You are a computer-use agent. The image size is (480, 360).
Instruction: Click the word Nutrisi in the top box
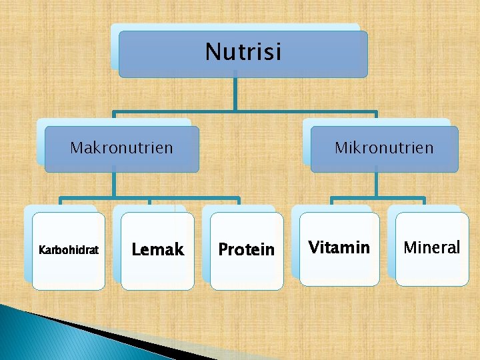pyautogui.click(x=243, y=51)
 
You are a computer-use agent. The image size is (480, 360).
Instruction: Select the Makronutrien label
pyautogui.click(x=121, y=147)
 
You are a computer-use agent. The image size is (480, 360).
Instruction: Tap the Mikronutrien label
pyautogui.click(x=384, y=147)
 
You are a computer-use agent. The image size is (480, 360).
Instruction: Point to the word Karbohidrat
pyautogui.click(x=69, y=251)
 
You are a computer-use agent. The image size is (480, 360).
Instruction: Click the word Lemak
pyautogui.click(x=158, y=250)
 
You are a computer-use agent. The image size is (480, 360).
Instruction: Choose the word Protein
pyautogui.click(x=247, y=250)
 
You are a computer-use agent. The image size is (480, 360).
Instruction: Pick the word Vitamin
pyautogui.click(x=339, y=248)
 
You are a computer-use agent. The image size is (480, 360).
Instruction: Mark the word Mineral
pyautogui.click(x=432, y=248)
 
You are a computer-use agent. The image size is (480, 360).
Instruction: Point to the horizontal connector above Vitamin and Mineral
pyautogui.click(x=377, y=198)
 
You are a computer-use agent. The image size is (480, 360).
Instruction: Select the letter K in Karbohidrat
pyautogui.click(x=42, y=251)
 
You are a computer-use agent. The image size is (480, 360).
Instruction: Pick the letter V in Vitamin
pyautogui.click(x=313, y=248)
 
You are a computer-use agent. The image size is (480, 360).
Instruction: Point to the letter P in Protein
pyautogui.click(x=223, y=250)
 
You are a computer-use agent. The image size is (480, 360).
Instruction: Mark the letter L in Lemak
pyautogui.click(x=136, y=250)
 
